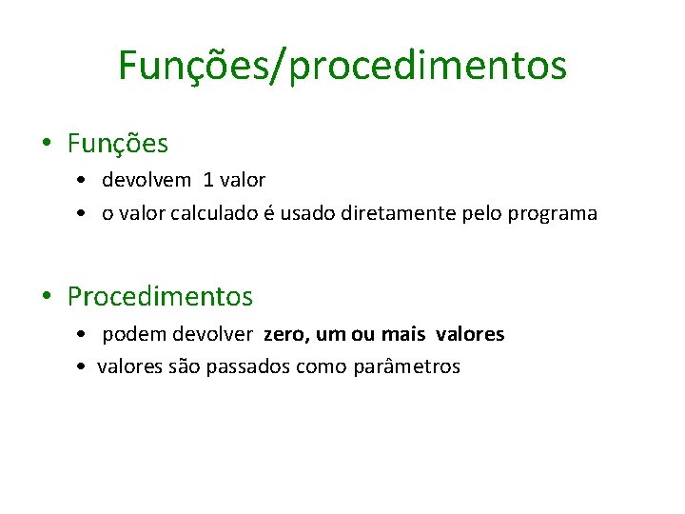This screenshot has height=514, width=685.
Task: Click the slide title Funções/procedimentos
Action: click(342, 66)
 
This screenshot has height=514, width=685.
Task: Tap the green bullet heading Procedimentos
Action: click(160, 297)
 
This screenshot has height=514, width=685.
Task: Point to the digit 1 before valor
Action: click(208, 180)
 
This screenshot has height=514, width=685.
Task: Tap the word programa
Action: click(552, 214)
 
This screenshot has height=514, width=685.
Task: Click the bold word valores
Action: click(470, 335)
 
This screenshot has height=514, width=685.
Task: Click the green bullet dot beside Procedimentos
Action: click(46, 297)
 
